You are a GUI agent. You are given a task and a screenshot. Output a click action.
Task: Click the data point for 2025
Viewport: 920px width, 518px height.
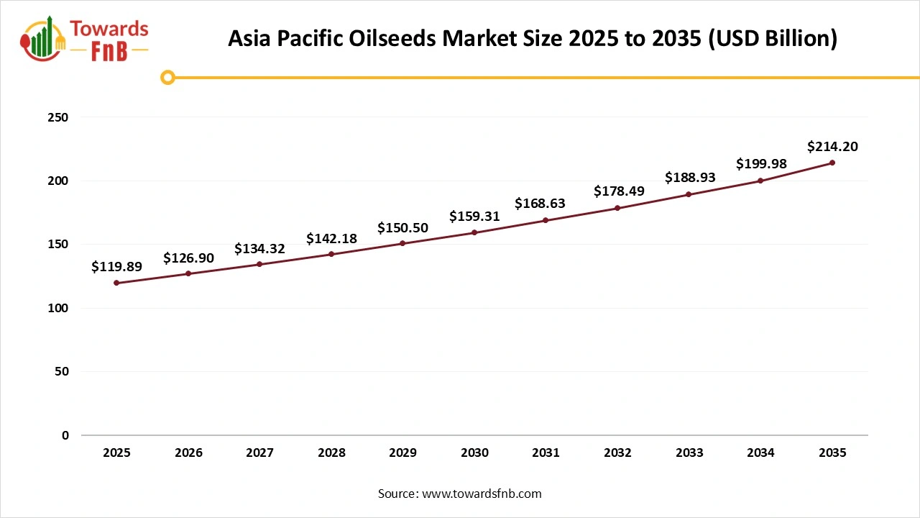(116, 283)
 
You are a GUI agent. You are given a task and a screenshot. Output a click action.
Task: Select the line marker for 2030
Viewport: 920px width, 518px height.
(474, 232)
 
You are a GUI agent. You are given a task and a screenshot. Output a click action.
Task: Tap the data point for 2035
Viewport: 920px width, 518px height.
(832, 163)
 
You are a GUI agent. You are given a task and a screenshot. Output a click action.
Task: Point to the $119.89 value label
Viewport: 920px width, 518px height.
(116, 266)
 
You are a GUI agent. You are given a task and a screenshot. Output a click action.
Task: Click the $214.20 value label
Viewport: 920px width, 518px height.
(832, 147)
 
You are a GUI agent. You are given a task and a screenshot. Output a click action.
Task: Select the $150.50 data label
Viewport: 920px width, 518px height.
(402, 228)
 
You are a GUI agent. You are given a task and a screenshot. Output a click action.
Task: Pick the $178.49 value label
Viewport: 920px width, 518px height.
(619, 191)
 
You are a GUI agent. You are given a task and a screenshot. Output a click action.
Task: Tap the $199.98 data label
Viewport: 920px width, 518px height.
(761, 164)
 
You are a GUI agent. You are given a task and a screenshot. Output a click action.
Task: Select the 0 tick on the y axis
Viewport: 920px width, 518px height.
(65, 435)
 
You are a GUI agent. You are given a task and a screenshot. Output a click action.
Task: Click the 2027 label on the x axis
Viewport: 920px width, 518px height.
(259, 453)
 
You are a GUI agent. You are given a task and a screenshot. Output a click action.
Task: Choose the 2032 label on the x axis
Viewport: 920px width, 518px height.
(617, 453)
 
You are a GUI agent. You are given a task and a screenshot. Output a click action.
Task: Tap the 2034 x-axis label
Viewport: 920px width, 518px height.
(760, 453)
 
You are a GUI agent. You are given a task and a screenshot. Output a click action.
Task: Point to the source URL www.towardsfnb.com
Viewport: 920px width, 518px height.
(480, 494)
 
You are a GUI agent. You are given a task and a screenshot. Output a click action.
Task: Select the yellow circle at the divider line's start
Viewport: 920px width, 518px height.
(167, 77)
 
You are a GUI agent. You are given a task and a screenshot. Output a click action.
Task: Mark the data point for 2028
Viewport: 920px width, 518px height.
(331, 254)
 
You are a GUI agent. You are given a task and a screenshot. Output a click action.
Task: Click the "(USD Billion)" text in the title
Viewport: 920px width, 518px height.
(773, 39)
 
